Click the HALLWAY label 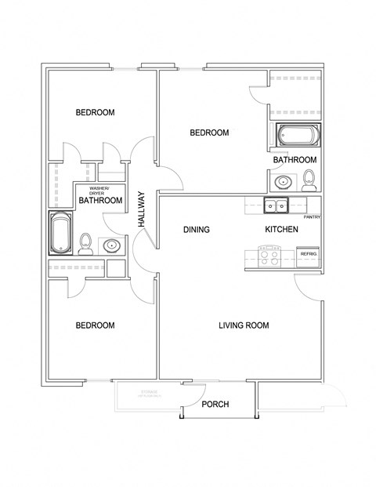(143, 209)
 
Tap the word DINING (196, 230)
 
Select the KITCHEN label (280, 230)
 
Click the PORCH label (215, 405)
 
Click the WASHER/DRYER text (99, 191)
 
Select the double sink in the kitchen (274, 206)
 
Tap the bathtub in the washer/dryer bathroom (61, 234)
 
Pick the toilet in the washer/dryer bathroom (86, 245)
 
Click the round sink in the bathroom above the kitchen (282, 183)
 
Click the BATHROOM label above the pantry (295, 160)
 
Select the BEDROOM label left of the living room (95, 325)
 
